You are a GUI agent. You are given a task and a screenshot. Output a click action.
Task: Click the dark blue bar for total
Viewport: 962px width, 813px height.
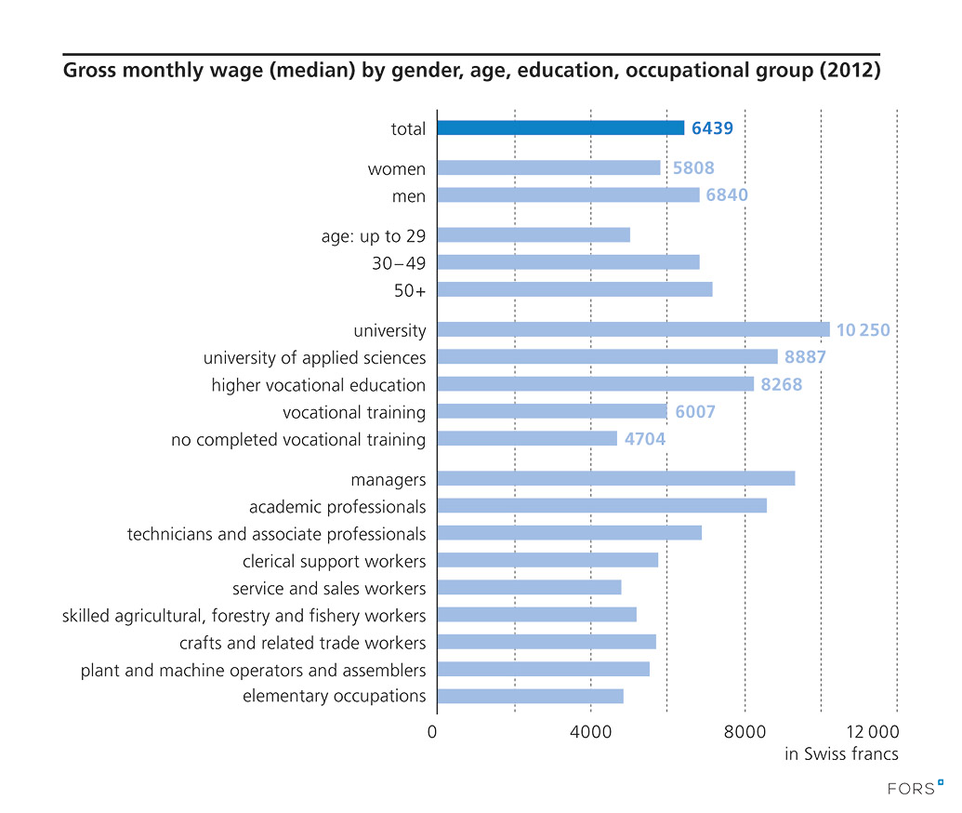coord(560,128)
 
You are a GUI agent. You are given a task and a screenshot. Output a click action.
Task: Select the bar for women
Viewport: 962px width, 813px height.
coord(548,168)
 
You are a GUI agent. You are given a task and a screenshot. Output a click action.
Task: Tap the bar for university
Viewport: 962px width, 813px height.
coord(633,329)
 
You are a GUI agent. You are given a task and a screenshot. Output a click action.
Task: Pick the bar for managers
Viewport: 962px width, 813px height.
coord(615,478)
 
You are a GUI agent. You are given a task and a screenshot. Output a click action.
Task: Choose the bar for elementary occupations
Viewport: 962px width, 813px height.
coord(530,696)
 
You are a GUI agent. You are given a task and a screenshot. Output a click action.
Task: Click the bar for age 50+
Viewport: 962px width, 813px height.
coord(574,289)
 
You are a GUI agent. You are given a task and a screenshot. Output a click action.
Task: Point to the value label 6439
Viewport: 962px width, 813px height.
coord(712,128)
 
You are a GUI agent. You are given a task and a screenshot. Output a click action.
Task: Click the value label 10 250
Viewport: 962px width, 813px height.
coord(863,330)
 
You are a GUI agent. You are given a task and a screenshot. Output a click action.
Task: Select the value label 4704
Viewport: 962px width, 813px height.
coord(645,439)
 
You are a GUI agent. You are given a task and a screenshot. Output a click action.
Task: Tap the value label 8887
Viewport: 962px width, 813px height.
coord(805,357)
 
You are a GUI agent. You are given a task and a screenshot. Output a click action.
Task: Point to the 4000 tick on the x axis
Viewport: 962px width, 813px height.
coord(590,732)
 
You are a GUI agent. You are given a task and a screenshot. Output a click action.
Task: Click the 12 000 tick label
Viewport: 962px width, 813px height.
coord(873,732)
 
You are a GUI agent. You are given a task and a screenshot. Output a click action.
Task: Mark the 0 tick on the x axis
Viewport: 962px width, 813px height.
coord(432,732)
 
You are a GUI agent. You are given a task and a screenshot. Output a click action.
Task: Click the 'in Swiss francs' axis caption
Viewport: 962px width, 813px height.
coord(841,754)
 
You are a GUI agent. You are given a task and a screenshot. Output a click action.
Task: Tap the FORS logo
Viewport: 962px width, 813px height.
coord(916,788)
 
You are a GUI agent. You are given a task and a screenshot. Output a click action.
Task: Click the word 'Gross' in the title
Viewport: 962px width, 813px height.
coord(88,71)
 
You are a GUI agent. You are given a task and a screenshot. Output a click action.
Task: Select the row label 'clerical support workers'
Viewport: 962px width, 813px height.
coord(334,561)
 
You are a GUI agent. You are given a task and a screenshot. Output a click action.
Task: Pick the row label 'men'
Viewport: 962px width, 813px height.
coord(409,196)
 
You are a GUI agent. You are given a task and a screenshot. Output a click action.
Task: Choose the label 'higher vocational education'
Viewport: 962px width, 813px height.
coord(318,385)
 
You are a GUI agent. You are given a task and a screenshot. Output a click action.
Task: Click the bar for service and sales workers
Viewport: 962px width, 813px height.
coord(529,587)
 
